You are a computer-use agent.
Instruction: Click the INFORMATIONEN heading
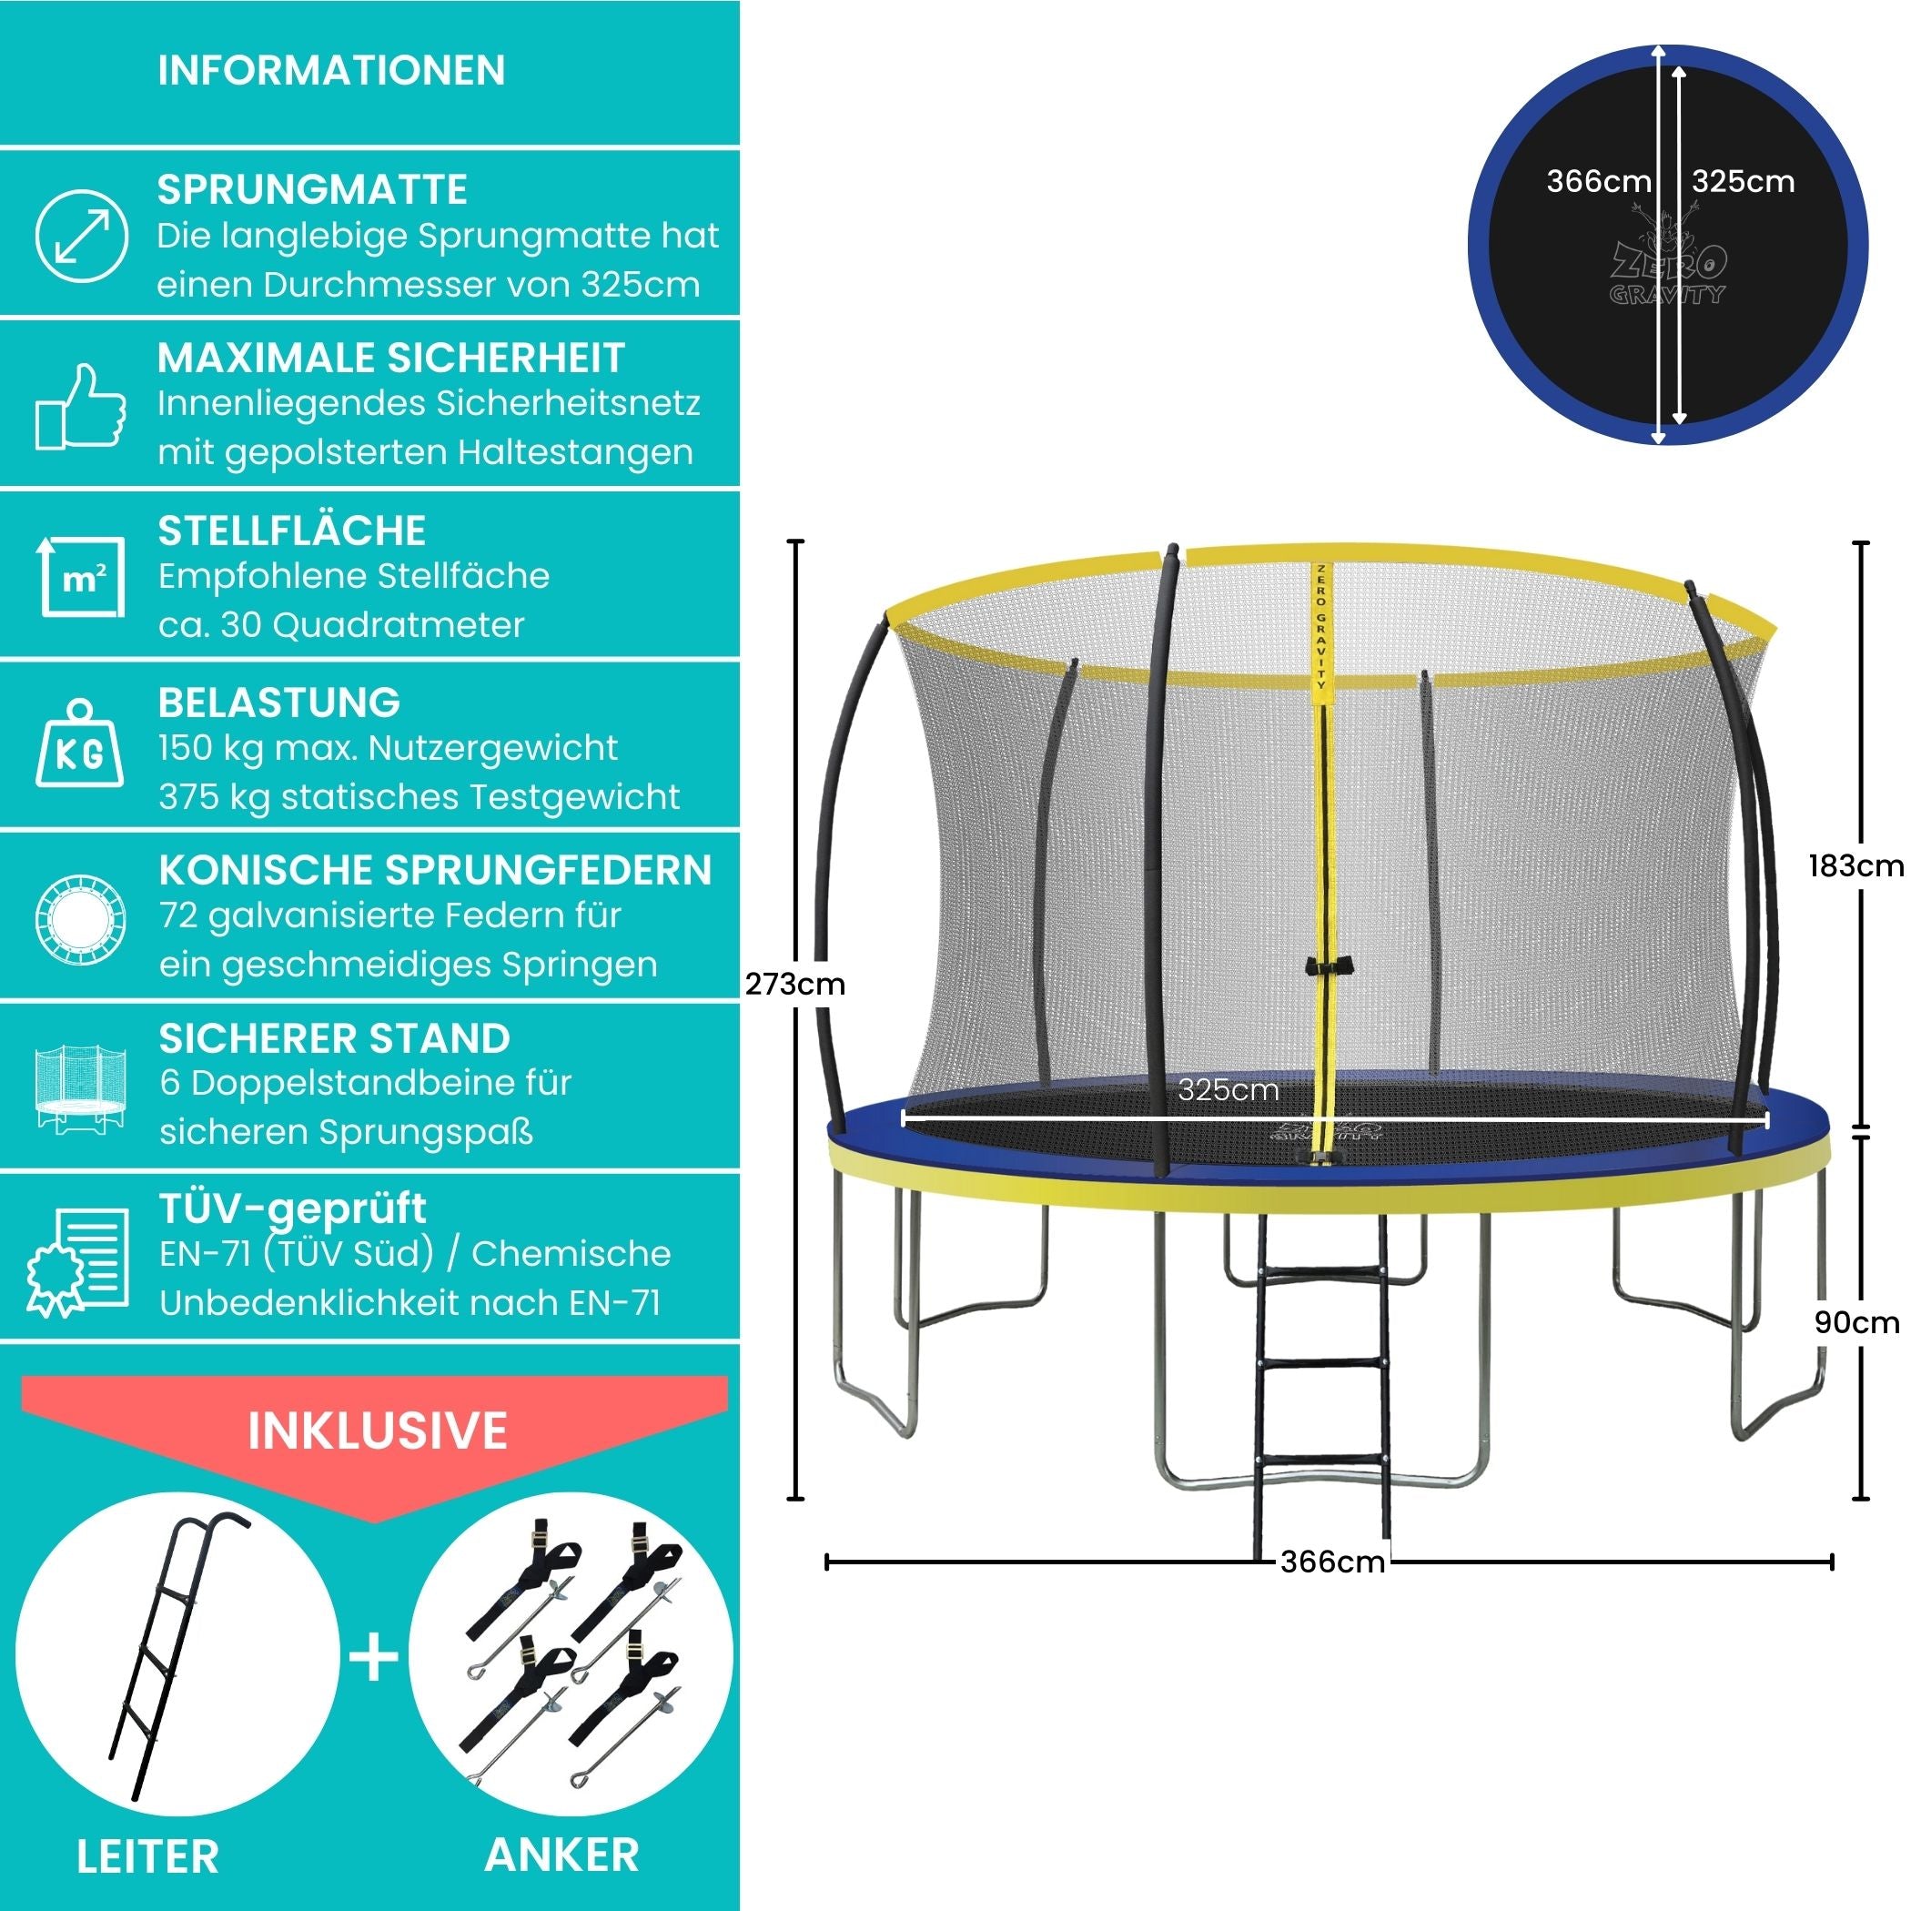tap(331, 70)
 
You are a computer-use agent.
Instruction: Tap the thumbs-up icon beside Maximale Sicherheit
tap(81, 407)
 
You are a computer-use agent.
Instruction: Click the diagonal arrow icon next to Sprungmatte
tap(81, 237)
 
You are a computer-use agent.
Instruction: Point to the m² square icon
tap(82, 576)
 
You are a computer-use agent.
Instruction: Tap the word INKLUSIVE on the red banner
tap(377, 1431)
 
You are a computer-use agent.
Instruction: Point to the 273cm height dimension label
tap(795, 985)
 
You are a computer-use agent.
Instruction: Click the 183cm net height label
tap(1855, 865)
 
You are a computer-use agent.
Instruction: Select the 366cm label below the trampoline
tap(1332, 1562)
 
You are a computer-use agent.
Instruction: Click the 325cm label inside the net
tap(1228, 1090)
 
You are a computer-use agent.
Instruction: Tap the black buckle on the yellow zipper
tap(1328, 966)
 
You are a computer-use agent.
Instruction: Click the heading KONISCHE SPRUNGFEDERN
tap(435, 871)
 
